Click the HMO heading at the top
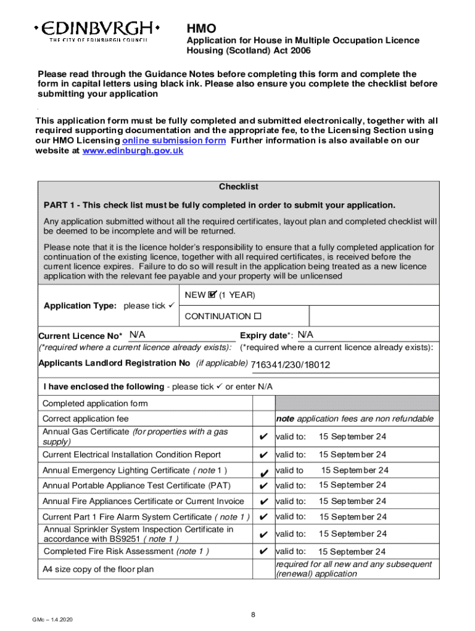point(202,28)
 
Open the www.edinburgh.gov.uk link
point(133,151)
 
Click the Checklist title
point(238,187)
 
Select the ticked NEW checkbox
point(212,295)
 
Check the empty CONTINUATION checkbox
point(257,316)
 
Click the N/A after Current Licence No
point(137,335)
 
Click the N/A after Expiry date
point(305,335)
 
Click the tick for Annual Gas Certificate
point(263,437)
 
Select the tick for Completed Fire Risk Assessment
point(263,552)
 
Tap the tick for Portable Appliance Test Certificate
point(263,486)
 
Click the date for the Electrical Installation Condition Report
point(352,455)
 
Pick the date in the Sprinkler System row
point(352,534)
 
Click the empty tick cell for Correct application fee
point(263,419)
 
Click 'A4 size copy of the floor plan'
point(98,569)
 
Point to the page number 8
point(253,615)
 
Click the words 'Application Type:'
point(80,306)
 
